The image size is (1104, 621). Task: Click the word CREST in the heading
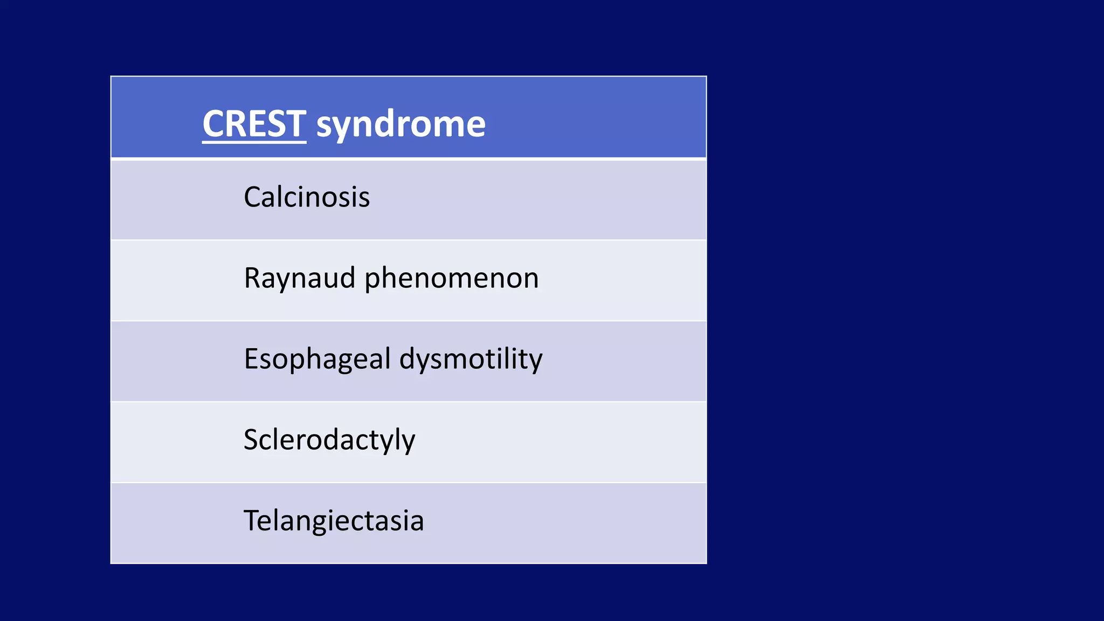pos(254,124)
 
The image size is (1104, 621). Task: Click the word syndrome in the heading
pos(401,125)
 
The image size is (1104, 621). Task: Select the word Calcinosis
pos(307,197)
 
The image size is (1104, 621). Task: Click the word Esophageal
pos(317,360)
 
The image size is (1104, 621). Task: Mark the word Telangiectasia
pos(334,521)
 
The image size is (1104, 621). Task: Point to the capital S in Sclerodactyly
pos(252,439)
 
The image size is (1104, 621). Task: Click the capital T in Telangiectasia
pos(252,520)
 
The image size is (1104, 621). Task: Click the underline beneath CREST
pos(254,142)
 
